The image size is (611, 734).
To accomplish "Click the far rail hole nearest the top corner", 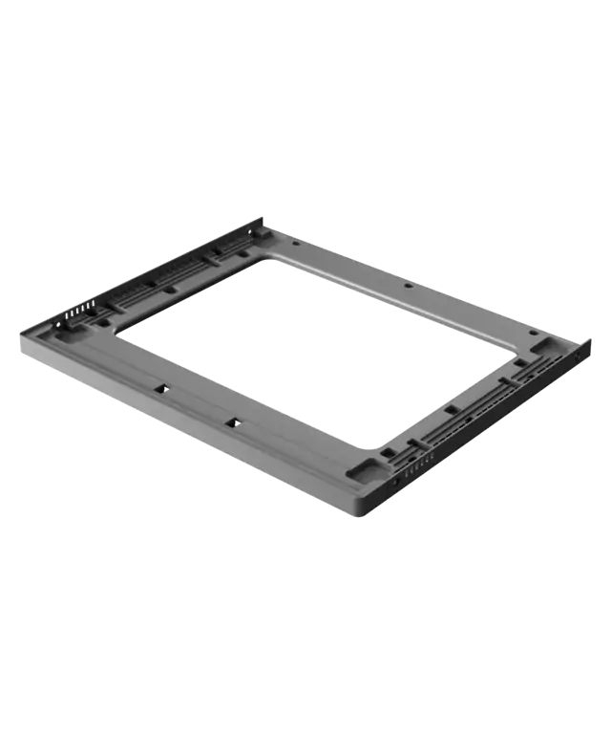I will (295, 243).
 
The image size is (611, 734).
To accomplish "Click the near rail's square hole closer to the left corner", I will (159, 389).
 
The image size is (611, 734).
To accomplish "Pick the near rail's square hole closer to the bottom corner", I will (230, 421).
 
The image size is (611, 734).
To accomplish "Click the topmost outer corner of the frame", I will (260, 217).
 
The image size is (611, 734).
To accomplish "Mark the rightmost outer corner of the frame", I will (593, 340).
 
